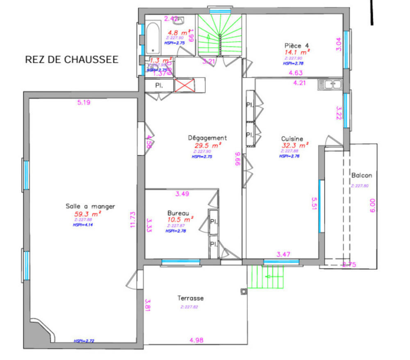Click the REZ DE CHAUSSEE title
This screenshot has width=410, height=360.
[72, 60]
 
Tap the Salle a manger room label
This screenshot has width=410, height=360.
[90, 206]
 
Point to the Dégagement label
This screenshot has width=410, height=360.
[207, 138]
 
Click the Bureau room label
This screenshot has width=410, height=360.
[178, 213]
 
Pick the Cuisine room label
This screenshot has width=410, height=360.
[292, 138]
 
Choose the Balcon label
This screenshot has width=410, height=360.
[362, 176]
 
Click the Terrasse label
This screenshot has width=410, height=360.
[191, 298]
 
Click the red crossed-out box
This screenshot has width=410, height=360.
[184, 86]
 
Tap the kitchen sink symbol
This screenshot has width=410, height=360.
[330, 85]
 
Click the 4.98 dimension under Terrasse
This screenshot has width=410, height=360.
[197, 340]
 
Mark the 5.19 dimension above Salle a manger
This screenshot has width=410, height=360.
[83, 102]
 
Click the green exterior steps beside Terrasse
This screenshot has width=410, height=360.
[266, 277]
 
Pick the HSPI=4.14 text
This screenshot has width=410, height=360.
[83, 224]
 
